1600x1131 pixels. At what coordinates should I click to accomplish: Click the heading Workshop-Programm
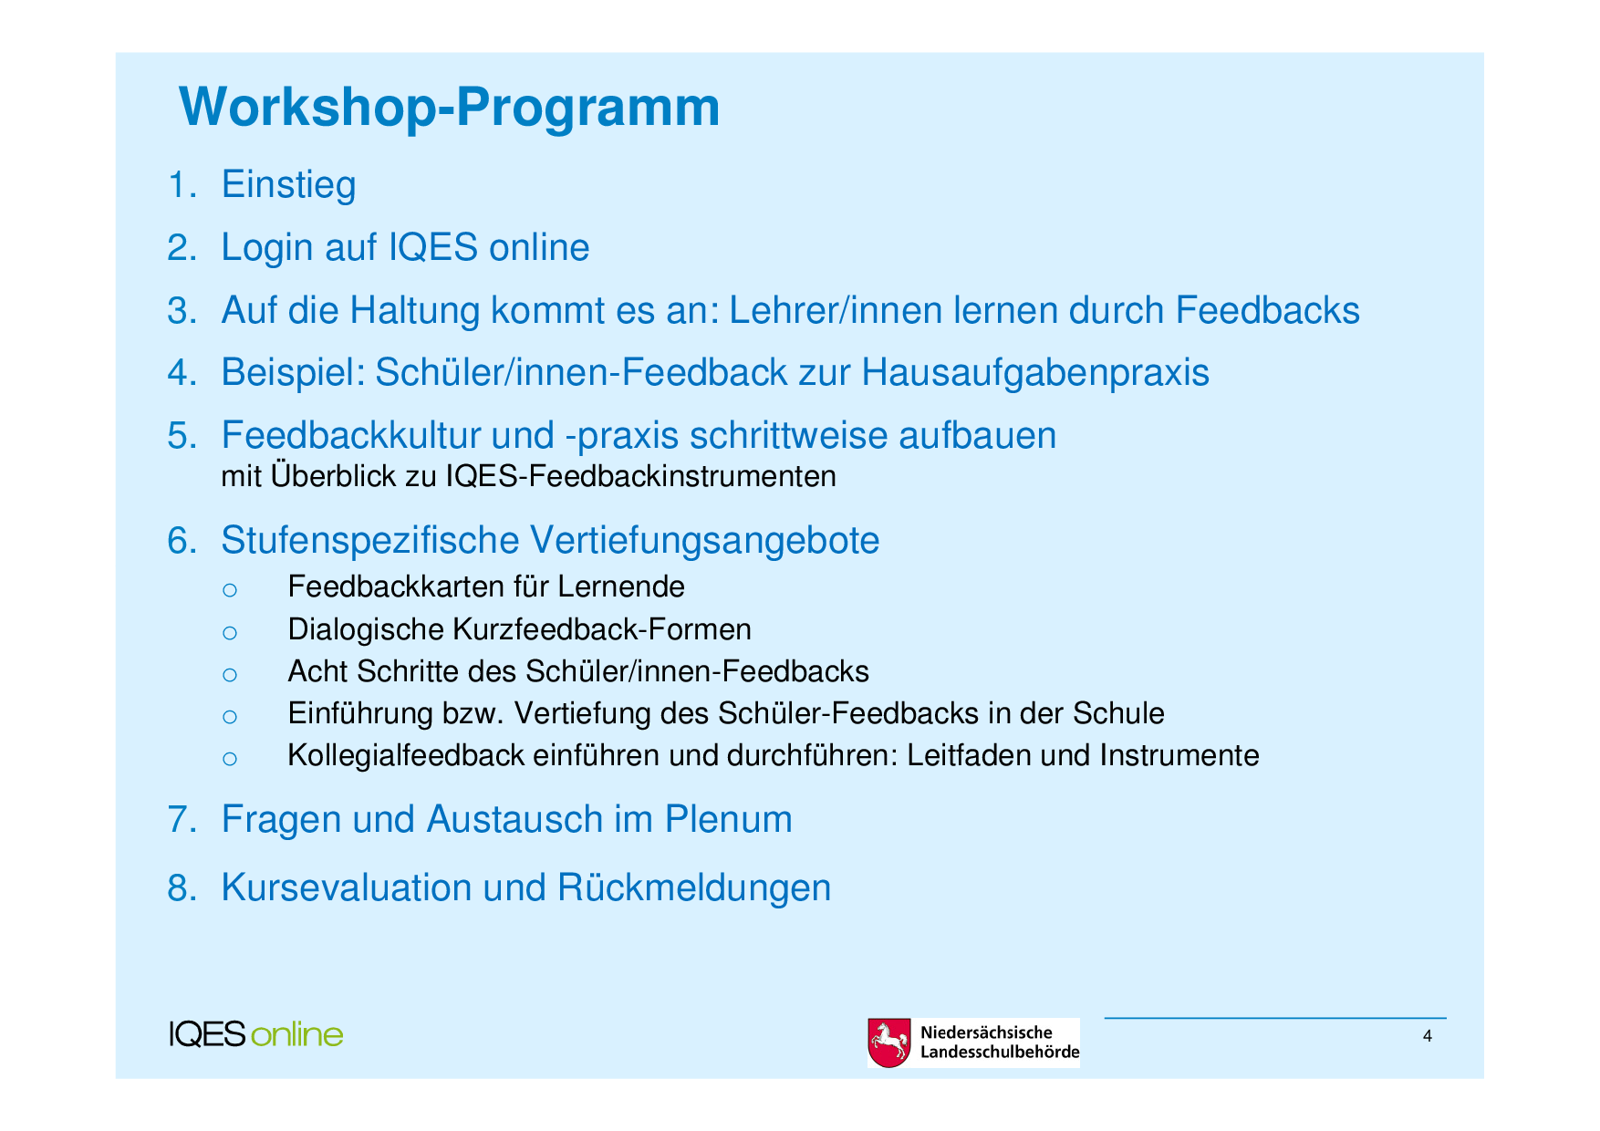point(450,109)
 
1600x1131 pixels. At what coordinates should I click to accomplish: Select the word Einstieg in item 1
point(288,185)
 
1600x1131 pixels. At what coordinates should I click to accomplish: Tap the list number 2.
point(182,248)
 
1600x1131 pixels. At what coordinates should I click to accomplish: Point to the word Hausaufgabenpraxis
point(1035,373)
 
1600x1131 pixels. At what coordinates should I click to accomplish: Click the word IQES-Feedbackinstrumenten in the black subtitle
point(641,476)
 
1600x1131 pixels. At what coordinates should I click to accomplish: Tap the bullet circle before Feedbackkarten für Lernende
point(230,590)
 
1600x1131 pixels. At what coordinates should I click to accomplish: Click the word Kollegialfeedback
point(406,755)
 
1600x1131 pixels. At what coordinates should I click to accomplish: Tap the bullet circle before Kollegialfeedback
point(230,759)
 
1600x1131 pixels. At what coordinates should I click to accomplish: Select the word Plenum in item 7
point(728,819)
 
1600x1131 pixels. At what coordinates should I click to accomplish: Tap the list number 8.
point(182,888)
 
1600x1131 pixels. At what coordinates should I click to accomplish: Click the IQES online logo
point(256,1034)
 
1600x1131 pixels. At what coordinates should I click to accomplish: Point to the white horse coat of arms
point(888,1043)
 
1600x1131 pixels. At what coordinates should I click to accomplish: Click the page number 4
point(1428,1036)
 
